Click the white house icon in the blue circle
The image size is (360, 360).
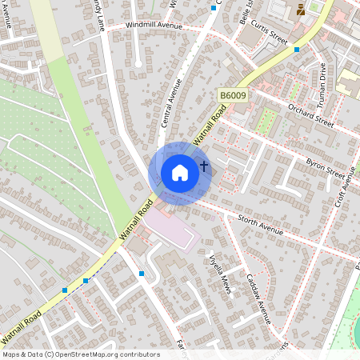(180, 173)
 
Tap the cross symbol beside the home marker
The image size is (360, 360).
(204, 167)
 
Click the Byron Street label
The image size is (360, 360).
(325, 170)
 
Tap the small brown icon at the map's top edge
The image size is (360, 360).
(300, 9)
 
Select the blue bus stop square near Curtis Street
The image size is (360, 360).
(297, 49)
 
